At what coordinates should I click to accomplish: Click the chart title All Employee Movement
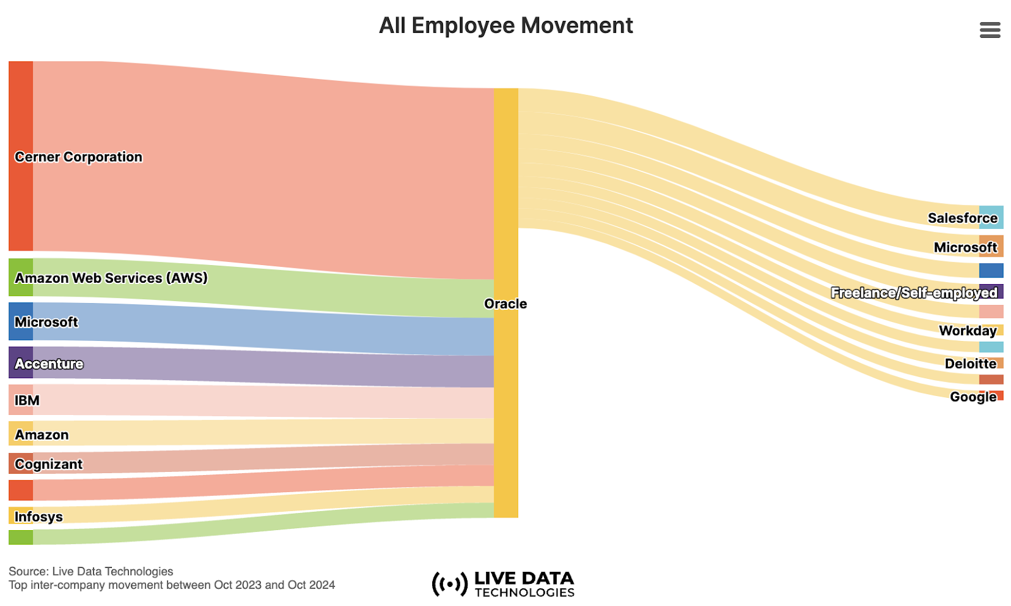click(505, 26)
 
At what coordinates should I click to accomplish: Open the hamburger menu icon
click(990, 30)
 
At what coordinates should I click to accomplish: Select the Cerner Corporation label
click(78, 157)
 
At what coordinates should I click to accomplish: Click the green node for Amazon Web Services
click(20, 277)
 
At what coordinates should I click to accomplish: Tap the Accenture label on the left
click(49, 364)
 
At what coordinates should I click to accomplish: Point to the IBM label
click(27, 400)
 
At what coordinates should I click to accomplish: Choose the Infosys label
click(39, 517)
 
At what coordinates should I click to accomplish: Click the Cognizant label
click(49, 464)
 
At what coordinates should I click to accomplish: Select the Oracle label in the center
click(505, 304)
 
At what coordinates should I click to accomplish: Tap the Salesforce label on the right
click(962, 218)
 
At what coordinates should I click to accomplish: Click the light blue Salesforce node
click(991, 217)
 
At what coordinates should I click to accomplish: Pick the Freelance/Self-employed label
click(914, 293)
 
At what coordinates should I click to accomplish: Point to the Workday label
click(967, 331)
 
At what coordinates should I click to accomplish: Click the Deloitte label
click(970, 364)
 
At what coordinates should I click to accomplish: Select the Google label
click(972, 397)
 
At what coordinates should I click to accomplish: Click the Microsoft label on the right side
click(965, 247)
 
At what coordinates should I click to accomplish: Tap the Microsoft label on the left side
click(46, 322)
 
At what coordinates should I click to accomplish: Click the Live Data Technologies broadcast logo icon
click(449, 584)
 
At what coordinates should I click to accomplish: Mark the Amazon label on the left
click(42, 435)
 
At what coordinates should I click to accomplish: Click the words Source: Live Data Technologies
click(91, 571)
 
